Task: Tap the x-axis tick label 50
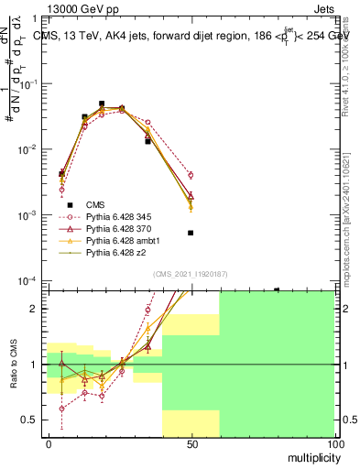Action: pyautogui.click(x=191, y=445)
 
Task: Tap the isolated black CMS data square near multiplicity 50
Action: pyautogui.click(x=191, y=233)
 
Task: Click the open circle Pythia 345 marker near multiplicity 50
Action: pyautogui.click(x=191, y=175)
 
